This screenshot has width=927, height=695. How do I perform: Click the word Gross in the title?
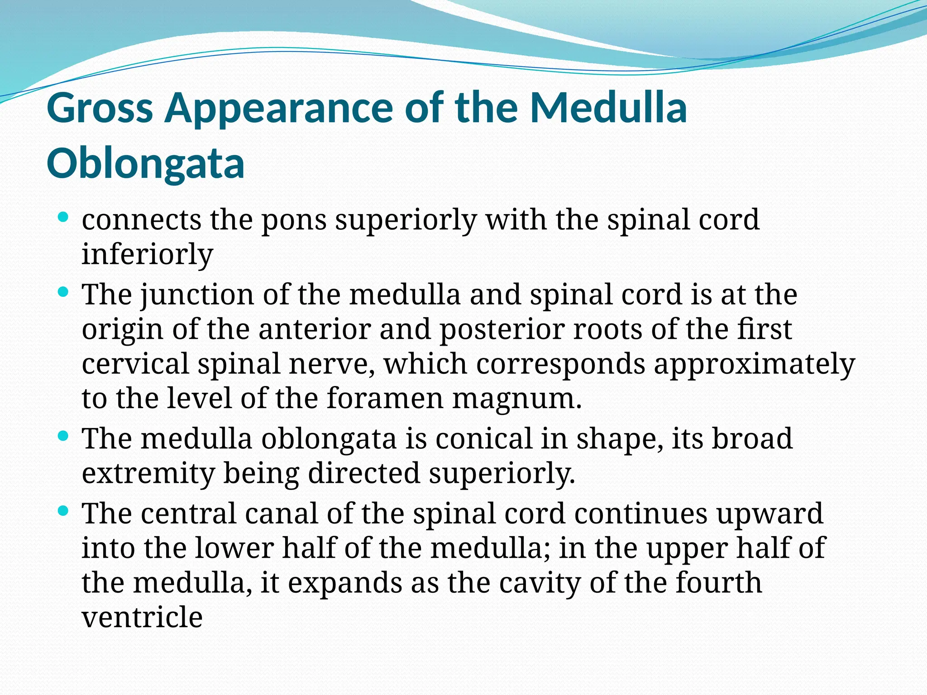point(100,109)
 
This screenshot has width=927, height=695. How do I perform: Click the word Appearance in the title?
point(278,109)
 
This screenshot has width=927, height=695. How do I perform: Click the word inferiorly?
point(147,254)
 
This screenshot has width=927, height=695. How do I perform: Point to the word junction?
point(197,295)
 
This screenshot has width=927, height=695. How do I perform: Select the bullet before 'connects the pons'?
point(63,217)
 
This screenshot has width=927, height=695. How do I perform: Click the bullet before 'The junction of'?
point(63,292)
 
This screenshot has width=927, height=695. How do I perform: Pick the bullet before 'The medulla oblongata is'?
point(63,437)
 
